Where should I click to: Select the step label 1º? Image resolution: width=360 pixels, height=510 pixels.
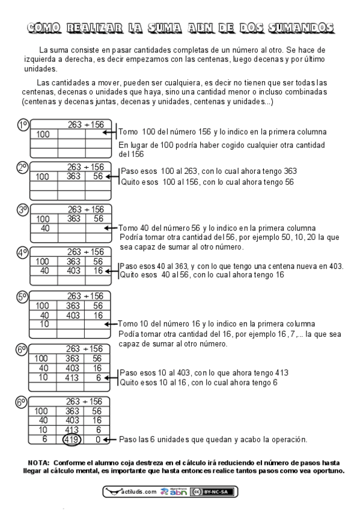click(23, 125)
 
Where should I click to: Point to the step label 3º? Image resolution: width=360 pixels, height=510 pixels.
click(23, 210)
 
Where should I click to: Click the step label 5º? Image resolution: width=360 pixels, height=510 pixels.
click(23, 296)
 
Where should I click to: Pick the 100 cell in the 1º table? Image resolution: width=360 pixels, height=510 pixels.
click(43, 134)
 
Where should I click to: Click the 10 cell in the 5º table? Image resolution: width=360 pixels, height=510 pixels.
click(44, 324)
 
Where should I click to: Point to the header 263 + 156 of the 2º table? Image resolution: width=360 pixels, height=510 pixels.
click(85, 167)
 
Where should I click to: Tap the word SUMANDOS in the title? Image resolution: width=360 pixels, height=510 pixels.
click(299, 28)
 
